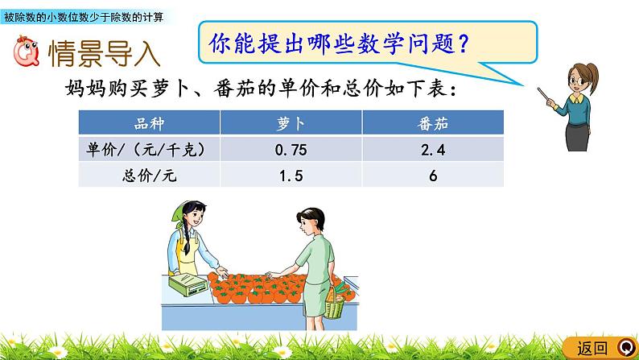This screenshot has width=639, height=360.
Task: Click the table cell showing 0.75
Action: pyautogui.click(x=287, y=149)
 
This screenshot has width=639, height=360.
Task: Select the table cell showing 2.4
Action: pyautogui.click(x=433, y=149)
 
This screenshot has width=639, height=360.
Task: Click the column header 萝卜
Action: pyautogui.click(x=287, y=124)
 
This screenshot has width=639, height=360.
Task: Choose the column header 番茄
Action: pyautogui.click(x=433, y=124)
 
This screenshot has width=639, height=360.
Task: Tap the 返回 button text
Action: pyautogui.click(x=594, y=348)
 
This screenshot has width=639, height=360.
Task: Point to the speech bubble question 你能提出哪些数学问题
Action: pyautogui.click(x=339, y=41)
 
